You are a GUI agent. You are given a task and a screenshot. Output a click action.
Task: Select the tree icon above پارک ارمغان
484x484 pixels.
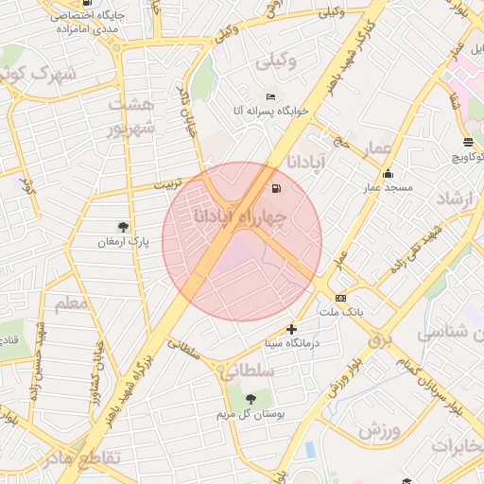(x=123, y=227)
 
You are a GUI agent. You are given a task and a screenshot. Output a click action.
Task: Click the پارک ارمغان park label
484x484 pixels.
(x=123, y=243)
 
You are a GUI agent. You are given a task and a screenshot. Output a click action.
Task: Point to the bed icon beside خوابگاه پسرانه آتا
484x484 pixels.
(x=271, y=97)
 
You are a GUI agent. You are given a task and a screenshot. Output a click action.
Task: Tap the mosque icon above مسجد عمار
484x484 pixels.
(x=388, y=173)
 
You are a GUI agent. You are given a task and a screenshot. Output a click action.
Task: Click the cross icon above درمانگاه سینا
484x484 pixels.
(x=291, y=329)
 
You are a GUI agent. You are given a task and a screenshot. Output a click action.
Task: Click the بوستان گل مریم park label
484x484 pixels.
(x=251, y=414)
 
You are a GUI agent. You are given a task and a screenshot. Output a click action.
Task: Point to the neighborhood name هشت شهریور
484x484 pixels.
(x=130, y=115)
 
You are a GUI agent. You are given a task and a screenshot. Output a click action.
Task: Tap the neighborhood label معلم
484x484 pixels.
(x=72, y=303)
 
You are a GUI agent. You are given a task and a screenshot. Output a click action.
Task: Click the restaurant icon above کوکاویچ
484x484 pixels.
(x=468, y=142)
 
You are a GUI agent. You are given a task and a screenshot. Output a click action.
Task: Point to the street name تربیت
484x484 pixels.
(x=171, y=185)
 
